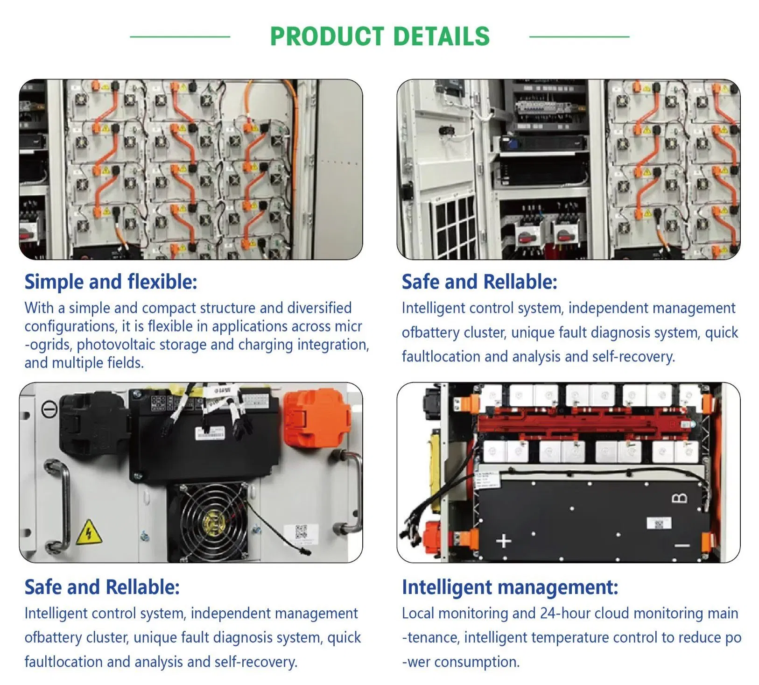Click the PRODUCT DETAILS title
pos(379,36)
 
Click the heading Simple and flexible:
pos(111,282)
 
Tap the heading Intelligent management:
pos(510,587)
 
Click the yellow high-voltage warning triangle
pos(89,532)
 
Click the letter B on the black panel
pos(679,498)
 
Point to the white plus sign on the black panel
pos(503,541)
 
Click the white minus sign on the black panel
pos(682,545)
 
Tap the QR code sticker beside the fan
pos(302,533)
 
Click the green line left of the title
pos(180,36)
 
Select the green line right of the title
pos(579,36)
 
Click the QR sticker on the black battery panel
pos(659,523)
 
